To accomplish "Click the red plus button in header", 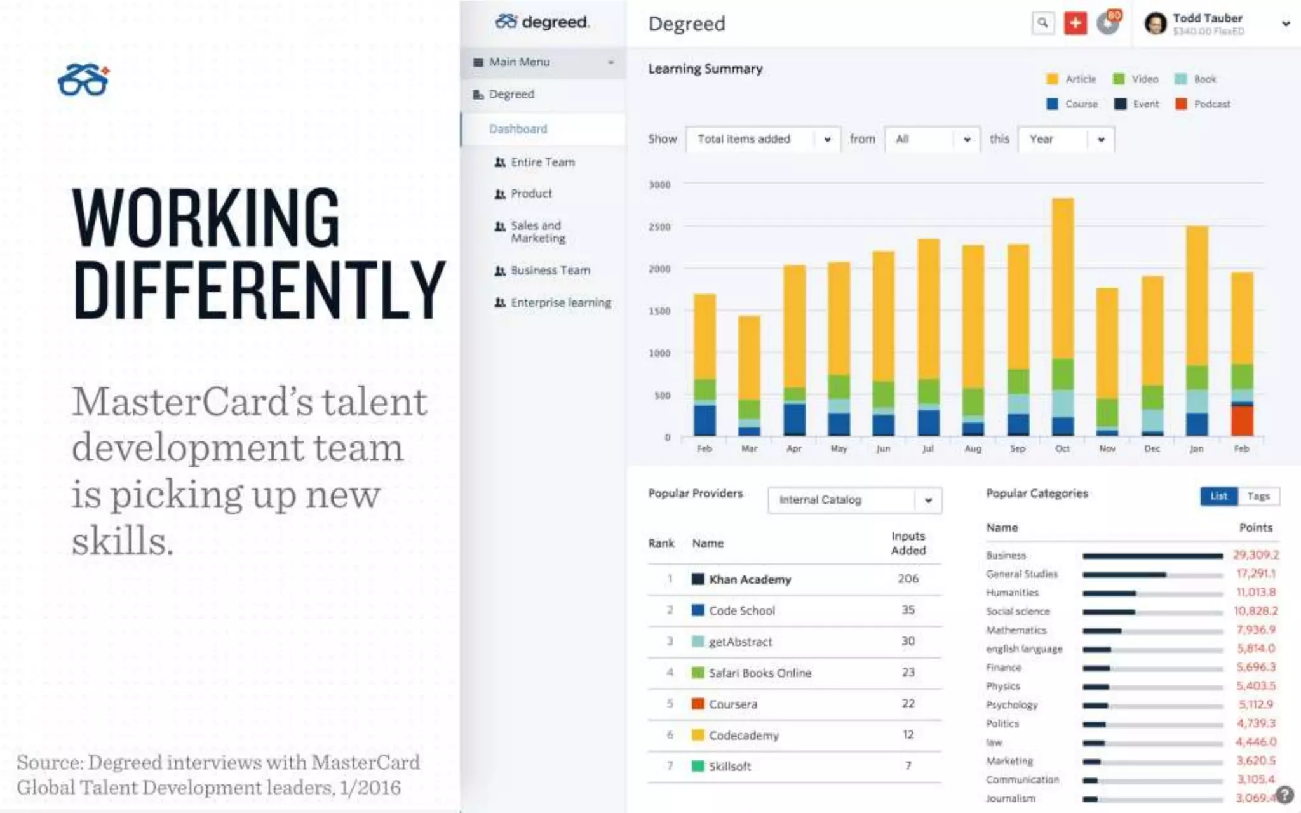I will (1075, 24).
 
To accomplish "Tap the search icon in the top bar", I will (1042, 24).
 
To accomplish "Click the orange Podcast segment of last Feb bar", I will (1242, 420).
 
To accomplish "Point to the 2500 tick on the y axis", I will (659, 227).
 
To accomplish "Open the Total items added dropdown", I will (763, 139).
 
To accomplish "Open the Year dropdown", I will (1066, 139).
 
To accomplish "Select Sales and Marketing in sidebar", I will (537, 232).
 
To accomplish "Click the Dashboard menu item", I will (518, 129).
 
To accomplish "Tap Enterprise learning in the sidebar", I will (560, 303).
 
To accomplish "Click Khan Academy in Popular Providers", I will (750, 579).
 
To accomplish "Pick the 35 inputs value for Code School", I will (908, 610).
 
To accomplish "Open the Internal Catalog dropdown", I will (854, 501).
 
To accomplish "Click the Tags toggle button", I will (1258, 496).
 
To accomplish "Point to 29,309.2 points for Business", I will (1255, 555).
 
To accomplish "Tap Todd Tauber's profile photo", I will (1155, 24).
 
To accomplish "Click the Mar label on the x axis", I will (749, 448).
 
